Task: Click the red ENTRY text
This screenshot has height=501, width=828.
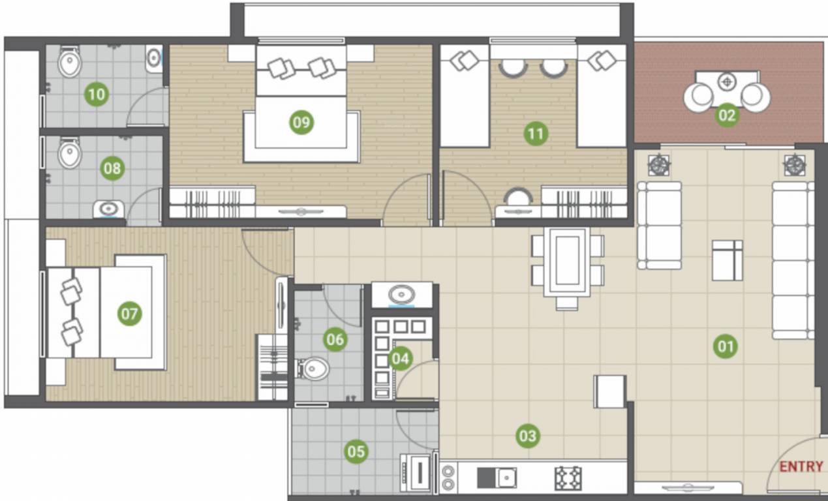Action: coord(801,466)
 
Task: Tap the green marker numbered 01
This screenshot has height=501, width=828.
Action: coord(726,346)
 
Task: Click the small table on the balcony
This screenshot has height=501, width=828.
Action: coord(727,83)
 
